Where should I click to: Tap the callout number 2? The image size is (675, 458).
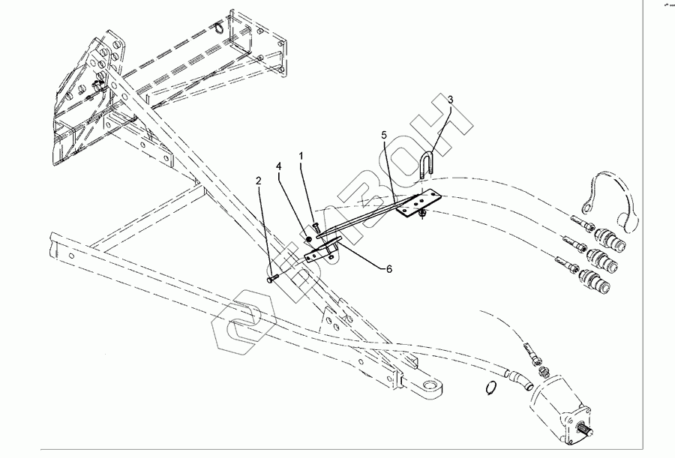click(x=258, y=182)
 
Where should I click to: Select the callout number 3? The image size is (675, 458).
click(x=450, y=99)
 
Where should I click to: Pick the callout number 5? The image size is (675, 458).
click(x=383, y=135)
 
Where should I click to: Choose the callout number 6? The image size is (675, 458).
click(x=388, y=268)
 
